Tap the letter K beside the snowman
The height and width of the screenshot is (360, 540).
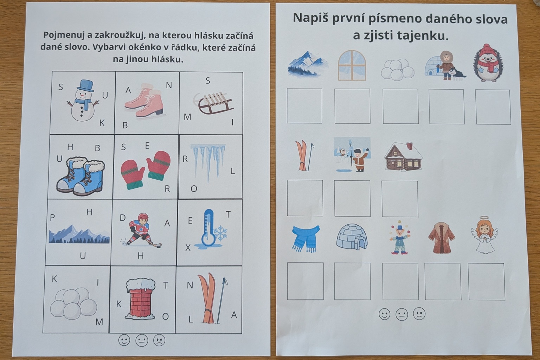[x=102, y=123]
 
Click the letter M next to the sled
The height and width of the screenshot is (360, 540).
[x=187, y=117]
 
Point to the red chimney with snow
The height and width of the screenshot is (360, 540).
[x=140, y=299]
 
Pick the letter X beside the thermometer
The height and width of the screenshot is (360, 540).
[x=188, y=247]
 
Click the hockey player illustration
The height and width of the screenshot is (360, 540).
[x=141, y=230]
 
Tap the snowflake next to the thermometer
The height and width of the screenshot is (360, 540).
[x=220, y=233]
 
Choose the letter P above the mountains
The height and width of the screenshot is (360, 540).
[x=52, y=218]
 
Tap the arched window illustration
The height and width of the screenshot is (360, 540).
[x=352, y=65]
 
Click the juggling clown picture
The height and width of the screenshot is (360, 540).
[x=400, y=238]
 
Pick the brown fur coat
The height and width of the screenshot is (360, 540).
[x=442, y=238]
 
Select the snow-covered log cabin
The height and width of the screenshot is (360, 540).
[x=403, y=156]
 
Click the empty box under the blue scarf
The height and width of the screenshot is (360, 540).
[x=306, y=281]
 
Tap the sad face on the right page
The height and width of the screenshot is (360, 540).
[x=419, y=314]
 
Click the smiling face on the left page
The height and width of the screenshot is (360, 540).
[x=124, y=340]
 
